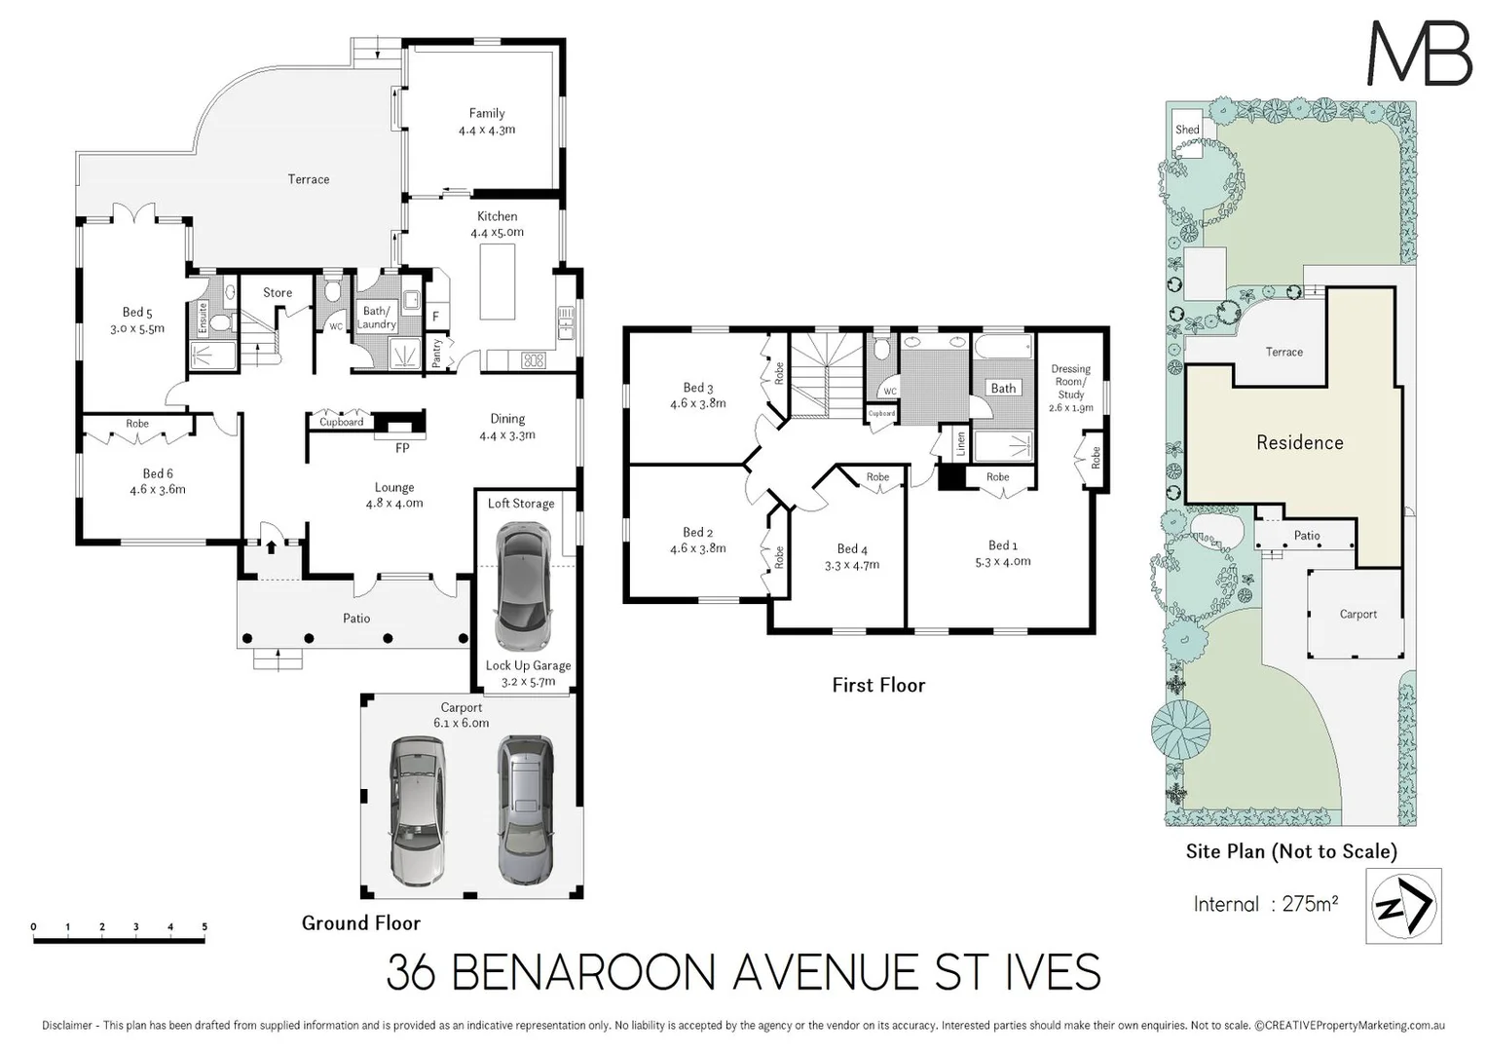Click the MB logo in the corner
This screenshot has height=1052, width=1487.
tap(1420, 54)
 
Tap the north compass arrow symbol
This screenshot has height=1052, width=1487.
tap(1403, 906)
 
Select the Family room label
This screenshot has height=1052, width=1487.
tap(487, 113)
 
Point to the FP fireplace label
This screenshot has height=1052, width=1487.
tap(402, 448)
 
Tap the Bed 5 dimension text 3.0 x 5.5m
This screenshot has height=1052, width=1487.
tap(137, 329)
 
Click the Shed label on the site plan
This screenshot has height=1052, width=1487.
tap(1187, 130)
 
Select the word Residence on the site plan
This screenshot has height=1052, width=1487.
tap(1299, 443)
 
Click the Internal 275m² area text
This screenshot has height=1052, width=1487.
tap(1265, 904)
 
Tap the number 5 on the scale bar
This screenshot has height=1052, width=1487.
tap(204, 926)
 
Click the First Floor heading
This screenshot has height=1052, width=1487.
tap(878, 685)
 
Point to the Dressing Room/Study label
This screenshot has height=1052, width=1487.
tap(1071, 382)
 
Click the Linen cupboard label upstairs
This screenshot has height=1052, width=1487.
tap(961, 443)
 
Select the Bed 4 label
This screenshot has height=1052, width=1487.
tap(851, 549)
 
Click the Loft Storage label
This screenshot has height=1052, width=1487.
tap(521, 504)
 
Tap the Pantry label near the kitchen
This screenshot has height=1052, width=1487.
tap(437, 352)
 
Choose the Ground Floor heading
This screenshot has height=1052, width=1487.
tap(361, 922)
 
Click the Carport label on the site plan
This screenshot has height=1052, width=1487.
tap(1357, 615)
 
